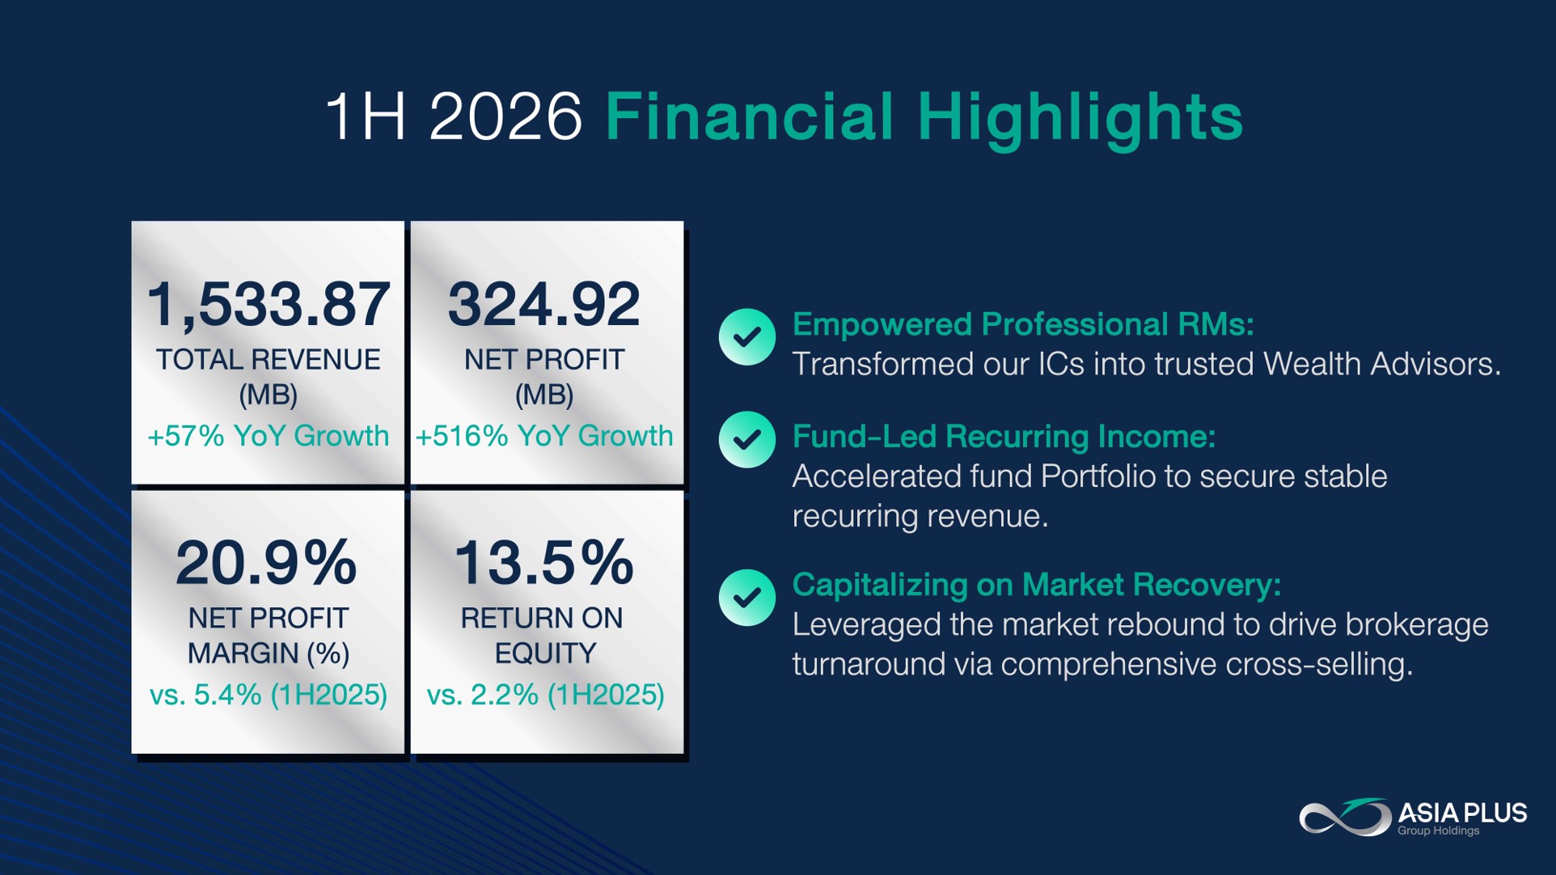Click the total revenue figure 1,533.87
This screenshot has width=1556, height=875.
[x=268, y=305]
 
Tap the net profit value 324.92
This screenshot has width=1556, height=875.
[x=544, y=305]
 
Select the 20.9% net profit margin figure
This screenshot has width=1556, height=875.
[x=266, y=563]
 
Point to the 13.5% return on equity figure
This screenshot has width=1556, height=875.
[x=543, y=563]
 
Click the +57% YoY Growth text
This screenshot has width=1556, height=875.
[x=268, y=436]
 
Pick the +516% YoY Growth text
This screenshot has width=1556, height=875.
[x=544, y=436]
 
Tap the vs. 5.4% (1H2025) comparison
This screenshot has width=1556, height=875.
[x=268, y=695]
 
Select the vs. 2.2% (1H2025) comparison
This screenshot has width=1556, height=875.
[x=546, y=695]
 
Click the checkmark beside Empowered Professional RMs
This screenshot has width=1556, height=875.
[x=747, y=336]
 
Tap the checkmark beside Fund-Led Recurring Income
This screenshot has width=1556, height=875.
[x=747, y=440]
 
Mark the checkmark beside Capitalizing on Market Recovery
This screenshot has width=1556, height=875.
[x=747, y=598]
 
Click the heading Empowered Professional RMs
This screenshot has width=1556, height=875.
[x=1023, y=324]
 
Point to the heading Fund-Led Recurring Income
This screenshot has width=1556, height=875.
[x=1004, y=437]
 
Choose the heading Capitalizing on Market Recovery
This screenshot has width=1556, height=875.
[x=1037, y=585]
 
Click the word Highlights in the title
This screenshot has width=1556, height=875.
[x=1080, y=118]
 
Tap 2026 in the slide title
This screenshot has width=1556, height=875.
[x=505, y=116]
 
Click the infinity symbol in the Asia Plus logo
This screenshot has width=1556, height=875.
[x=1346, y=817]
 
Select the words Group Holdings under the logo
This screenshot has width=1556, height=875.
[x=1439, y=831]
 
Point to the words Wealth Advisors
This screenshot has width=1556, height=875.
[x=1382, y=364]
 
